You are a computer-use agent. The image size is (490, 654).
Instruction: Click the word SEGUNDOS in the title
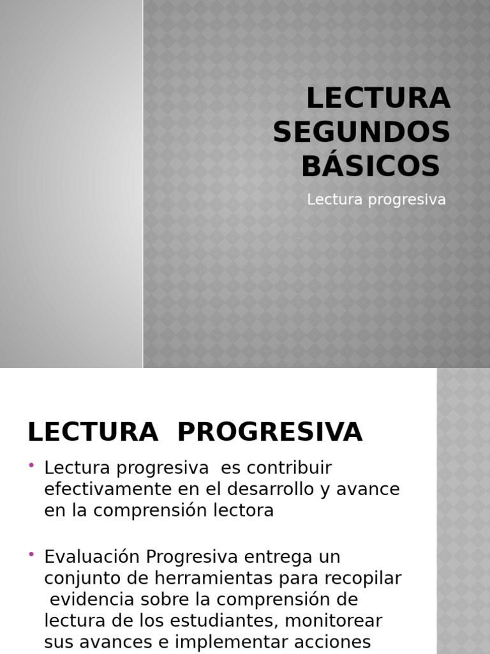pyautogui.click(x=362, y=132)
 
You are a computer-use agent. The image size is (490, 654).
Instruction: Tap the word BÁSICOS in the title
pyautogui.click(x=370, y=166)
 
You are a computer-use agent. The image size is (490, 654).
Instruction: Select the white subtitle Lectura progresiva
pyautogui.click(x=376, y=199)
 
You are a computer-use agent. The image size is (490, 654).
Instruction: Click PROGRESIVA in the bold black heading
pyautogui.click(x=269, y=432)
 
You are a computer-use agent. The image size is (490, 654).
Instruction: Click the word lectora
pyautogui.click(x=245, y=511)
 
